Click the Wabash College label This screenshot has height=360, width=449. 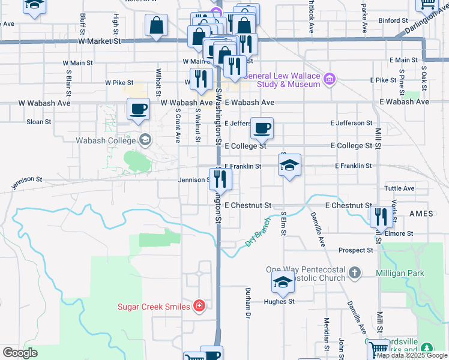[x=107, y=140]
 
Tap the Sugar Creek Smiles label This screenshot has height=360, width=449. [x=154, y=307]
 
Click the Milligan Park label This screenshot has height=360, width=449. [x=400, y=273]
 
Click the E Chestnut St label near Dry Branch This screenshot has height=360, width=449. [x=248, y=205]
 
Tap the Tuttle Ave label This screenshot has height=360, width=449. [x=399, y=188]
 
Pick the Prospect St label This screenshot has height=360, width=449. [x=355, y=250]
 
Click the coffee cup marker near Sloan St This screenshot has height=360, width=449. [x=139, y=110]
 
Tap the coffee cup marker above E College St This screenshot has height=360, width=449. [x=262, y=128]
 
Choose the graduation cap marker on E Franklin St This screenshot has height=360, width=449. [x=289, y=165]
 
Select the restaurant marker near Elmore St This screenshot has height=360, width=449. [x=381, y=217]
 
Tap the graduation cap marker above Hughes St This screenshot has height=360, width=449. [x=282, y=282]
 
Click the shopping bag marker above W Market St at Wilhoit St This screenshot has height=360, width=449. [x=156, y=25]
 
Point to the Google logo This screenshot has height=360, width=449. [x=20, y=353]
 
